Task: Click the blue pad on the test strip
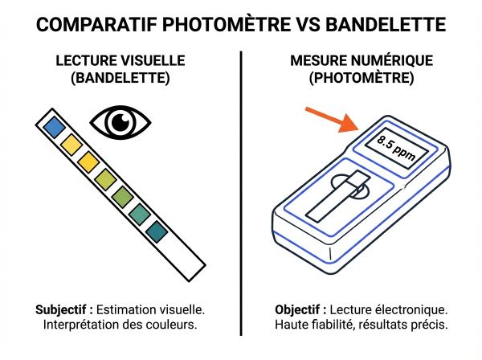(54, 125)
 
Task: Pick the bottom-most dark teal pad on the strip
(157, 232)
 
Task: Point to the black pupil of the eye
(121, 121)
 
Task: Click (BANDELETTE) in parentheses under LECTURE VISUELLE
(120, 80)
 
